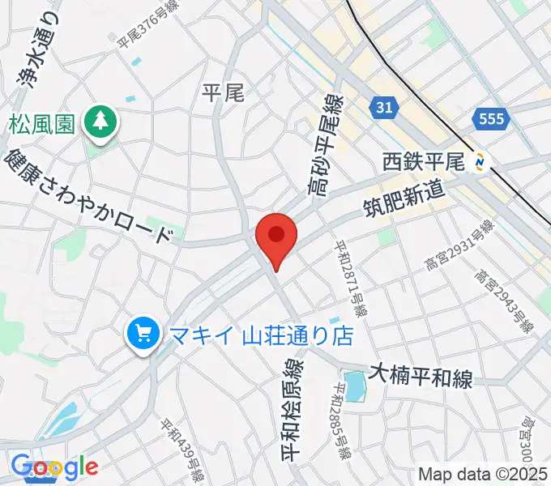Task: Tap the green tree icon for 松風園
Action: (x=100, y=123)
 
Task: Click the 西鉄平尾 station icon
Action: (x=481, y=162)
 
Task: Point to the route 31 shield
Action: (x=387, y=106)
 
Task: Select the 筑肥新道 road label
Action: (x=403, y=202)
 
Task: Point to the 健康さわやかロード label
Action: (x=89, y=196)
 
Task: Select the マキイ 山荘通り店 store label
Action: (x=260, y=333)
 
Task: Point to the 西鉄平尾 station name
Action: (x=423, y=163)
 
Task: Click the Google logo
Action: (x=54, y=467)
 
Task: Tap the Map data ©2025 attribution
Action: (x=482, y=474)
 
